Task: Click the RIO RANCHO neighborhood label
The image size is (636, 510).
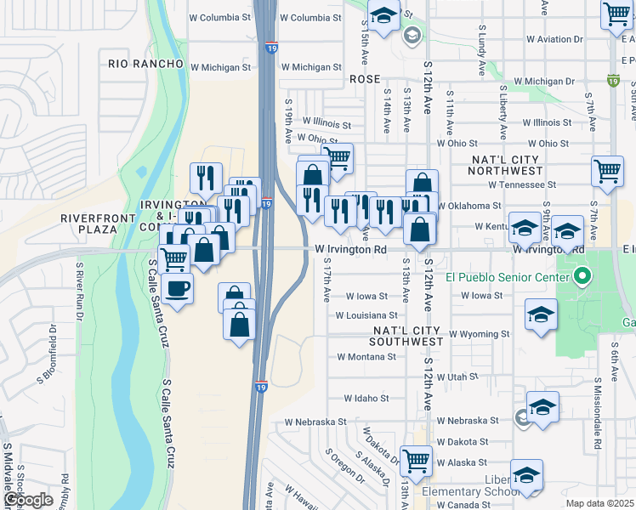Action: pos(146,64)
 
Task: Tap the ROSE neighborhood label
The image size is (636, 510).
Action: pos(365,78)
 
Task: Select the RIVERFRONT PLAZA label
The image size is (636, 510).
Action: pos(99,224)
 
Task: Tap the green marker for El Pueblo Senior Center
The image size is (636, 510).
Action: pos(582,275)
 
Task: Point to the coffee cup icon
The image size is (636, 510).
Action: pos(177,288)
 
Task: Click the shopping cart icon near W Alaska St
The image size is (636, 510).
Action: pos(417,461)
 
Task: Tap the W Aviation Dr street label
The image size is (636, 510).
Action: pos(554,39)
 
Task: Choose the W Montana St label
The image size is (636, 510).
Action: pos(366,357)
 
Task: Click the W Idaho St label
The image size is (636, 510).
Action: pos(366,398)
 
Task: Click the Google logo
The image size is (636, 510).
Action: pos(27,500)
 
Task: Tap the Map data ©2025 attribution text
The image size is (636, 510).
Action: pos(599,503)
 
